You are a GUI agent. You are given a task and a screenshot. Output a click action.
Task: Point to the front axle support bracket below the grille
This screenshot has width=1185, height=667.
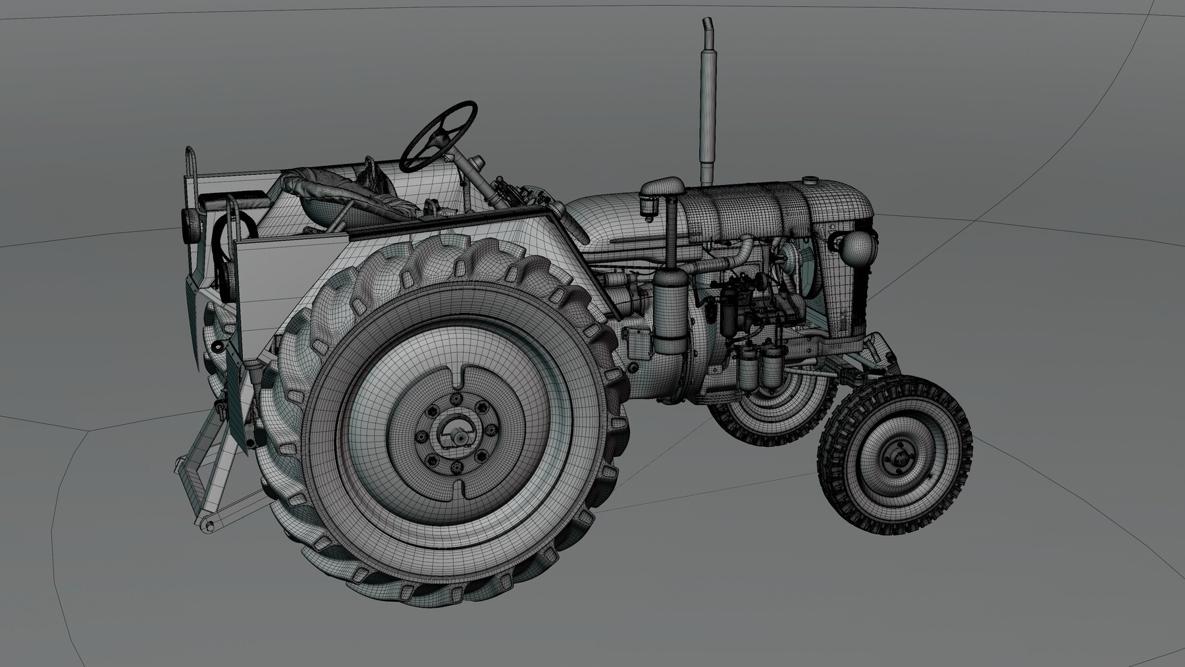[879, 356]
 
